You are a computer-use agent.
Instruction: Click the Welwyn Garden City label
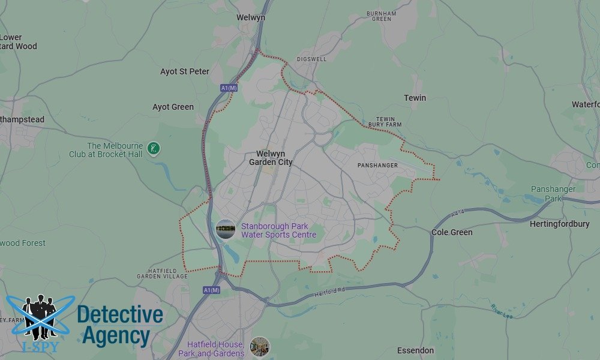[x=271, y=158]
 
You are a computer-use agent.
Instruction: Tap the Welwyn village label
[x=251, y=17]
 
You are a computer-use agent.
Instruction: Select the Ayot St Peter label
[x=185, y=71]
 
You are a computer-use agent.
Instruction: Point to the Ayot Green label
[x=173, y=107]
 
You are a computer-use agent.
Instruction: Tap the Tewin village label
[x=415, y=98]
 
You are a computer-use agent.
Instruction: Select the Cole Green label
[x=452, y=232]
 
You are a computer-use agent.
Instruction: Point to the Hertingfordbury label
[x=559, y=224]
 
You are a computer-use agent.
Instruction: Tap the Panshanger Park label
[x=553, y=194]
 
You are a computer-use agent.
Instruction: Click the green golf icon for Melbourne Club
[x=154, y=148]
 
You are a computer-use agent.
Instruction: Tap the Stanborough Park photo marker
[x=226, y=229]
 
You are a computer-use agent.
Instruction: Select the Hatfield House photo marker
[x=260, y=347]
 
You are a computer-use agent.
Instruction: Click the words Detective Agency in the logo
[x=120, y=325]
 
